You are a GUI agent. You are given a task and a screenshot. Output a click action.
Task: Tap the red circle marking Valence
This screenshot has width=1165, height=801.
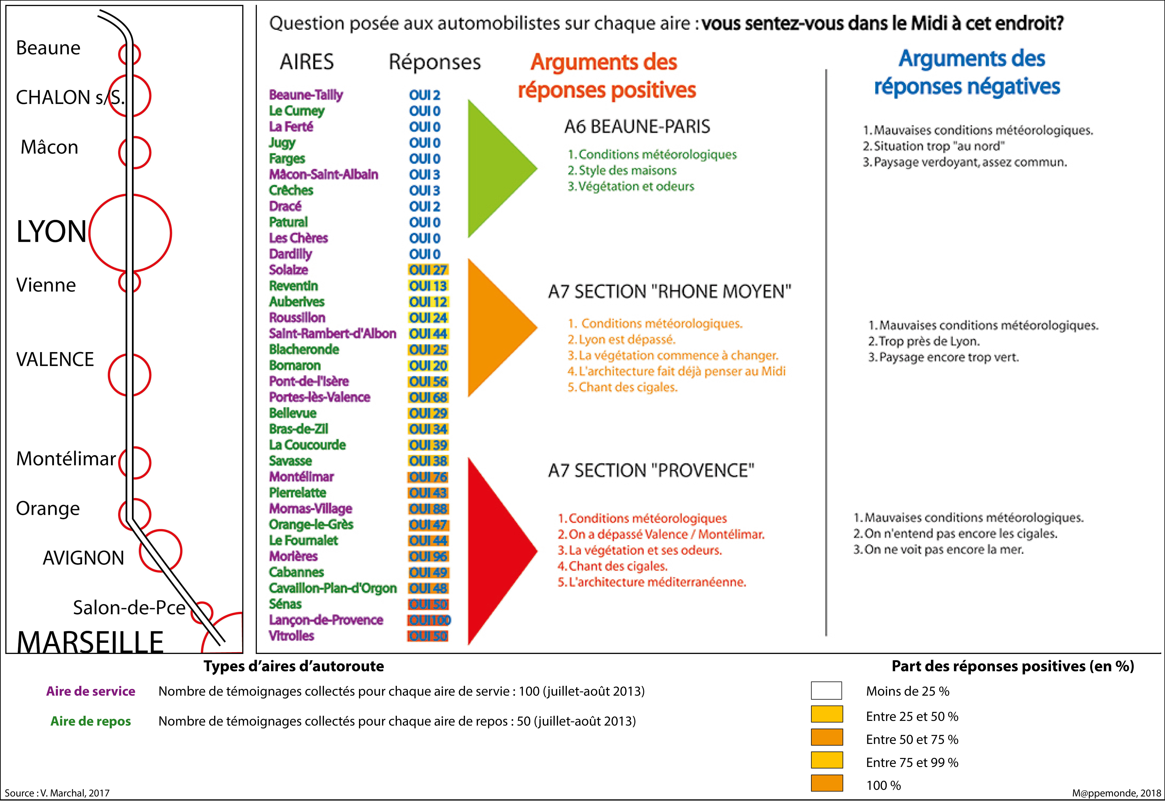click(129, 375)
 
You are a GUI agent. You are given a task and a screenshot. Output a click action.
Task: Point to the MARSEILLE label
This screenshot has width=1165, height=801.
click(90, 641)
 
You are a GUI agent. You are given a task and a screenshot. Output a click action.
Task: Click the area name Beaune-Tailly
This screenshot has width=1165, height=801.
click(306, 95)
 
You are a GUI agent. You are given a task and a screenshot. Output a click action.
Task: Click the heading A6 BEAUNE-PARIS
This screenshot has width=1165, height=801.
click(637, 126)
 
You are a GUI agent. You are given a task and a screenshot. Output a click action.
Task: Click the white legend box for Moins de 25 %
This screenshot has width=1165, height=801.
click(826, 691)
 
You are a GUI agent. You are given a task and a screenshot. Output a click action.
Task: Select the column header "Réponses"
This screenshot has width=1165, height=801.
click(434, 62)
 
